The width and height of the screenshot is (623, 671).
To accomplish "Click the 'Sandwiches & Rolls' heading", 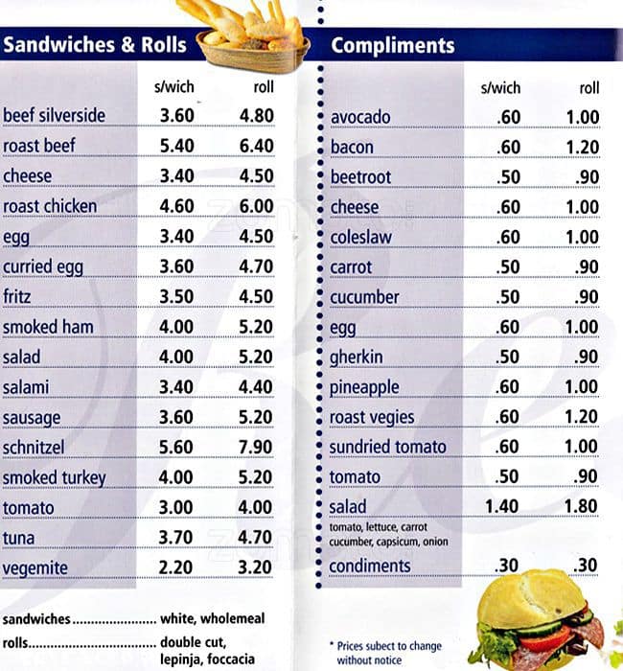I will (95, 45).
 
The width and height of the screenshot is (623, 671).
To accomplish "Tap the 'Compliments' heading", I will (393, 46).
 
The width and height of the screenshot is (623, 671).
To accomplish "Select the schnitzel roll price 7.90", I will (256, 448).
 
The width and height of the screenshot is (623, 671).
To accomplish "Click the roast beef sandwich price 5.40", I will (176, 147).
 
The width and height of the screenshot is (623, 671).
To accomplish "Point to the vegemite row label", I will (35, 568).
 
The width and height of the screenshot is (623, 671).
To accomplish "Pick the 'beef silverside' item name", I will (54, 116).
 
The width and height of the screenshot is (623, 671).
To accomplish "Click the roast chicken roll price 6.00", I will (256, 207).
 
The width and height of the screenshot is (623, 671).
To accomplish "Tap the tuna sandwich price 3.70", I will (176, 538).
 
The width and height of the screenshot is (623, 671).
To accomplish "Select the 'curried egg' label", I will (42, 266).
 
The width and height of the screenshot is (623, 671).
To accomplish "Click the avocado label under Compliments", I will (360, 118).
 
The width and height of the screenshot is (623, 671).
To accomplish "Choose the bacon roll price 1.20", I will (582, 148).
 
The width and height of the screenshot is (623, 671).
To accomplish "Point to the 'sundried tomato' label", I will (387, 448).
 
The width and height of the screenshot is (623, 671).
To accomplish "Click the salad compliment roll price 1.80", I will (582, 506).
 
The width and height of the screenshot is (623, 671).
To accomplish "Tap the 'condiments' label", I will (369, 567).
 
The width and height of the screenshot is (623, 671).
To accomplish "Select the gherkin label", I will (358, 358).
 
